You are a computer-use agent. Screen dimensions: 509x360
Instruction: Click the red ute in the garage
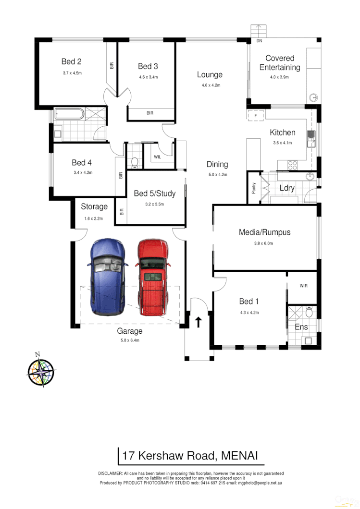[x=153, y=278]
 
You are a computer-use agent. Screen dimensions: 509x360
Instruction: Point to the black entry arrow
[x=199, y=321]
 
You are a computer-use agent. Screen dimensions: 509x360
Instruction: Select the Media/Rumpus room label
[x=264, y=232]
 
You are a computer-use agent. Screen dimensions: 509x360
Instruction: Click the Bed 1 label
[x=249, y=302]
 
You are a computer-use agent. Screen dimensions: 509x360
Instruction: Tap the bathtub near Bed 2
[x=69, y=114]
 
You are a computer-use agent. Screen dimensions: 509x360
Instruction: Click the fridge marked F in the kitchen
[x=256, y=116]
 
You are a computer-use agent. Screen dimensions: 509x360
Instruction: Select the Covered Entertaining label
[x=280, y=63]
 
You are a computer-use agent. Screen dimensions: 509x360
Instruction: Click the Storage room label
[x=94, y=206]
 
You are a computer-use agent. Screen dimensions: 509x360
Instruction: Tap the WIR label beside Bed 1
[x=303, y=286]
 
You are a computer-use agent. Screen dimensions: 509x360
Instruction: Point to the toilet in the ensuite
[x=310, y=313]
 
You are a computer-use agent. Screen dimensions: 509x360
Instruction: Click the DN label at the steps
[x=259, y=42]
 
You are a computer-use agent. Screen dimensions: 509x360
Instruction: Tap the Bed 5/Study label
[x=154, y=194]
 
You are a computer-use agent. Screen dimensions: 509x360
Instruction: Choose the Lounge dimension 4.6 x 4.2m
[x=211, y=85]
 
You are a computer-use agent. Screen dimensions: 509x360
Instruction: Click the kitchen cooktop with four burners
[x=292, y=165]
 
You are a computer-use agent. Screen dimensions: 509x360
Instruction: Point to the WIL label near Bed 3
[x=158, y=157]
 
